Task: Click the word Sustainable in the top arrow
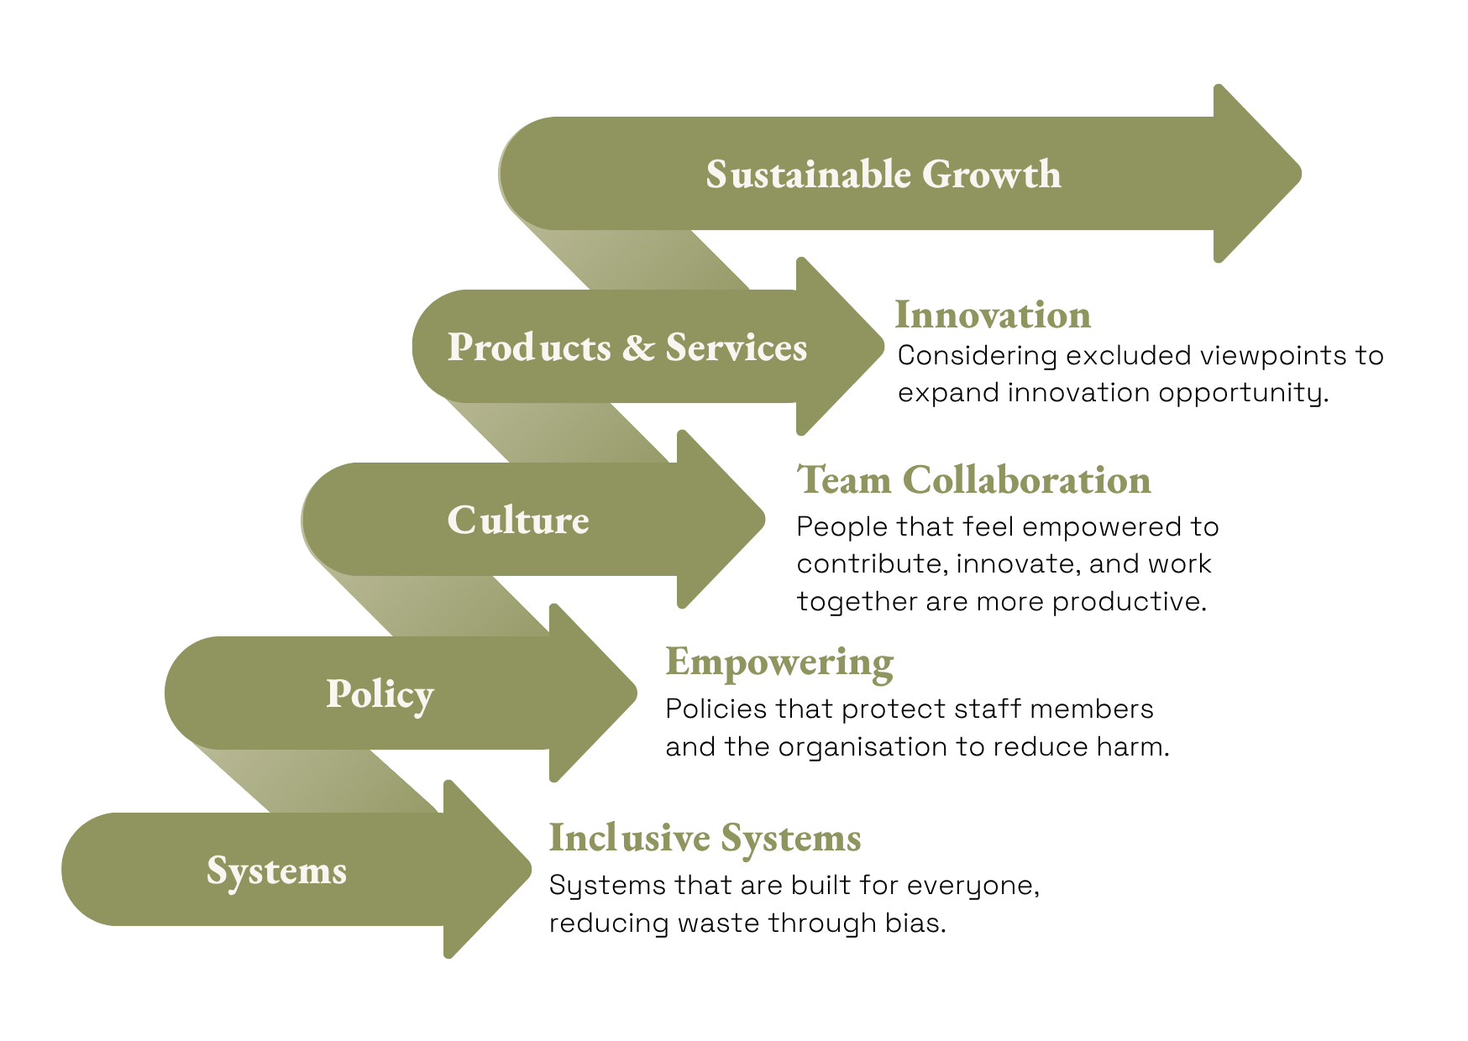(808, 175)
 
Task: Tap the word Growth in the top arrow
(991, 175)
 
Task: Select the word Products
(529, 348)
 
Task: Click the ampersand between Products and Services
(639, 348)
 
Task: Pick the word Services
(736, 348)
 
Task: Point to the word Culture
(518, 520)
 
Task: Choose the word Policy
(380, 694)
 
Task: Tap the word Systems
(276, 871)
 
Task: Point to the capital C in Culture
(462, 520)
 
